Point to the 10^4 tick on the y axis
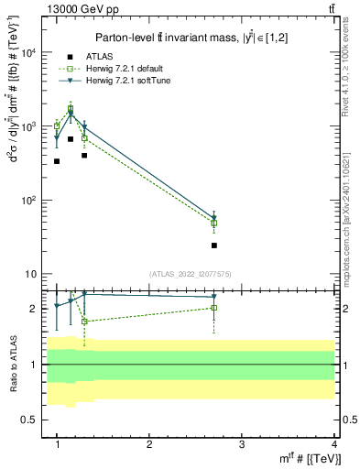point(28,52)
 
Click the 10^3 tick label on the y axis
point(28,126)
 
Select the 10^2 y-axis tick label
point(28,201)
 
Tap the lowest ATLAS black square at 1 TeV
point(57,161)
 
